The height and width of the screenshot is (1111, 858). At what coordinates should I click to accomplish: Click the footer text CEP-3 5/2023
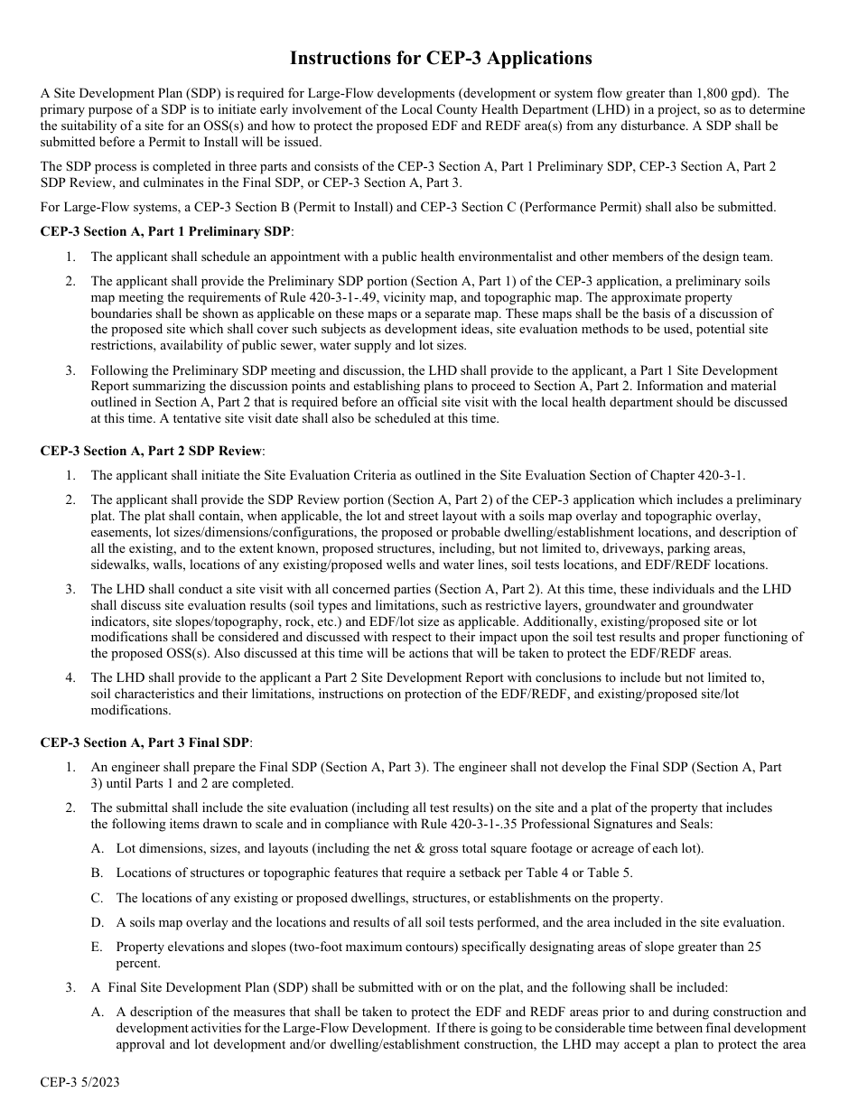[x=79, y=1082]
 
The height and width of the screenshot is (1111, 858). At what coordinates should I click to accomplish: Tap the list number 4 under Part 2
[x=70, y=677]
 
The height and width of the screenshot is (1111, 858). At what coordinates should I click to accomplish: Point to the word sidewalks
[x=117, y=565]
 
